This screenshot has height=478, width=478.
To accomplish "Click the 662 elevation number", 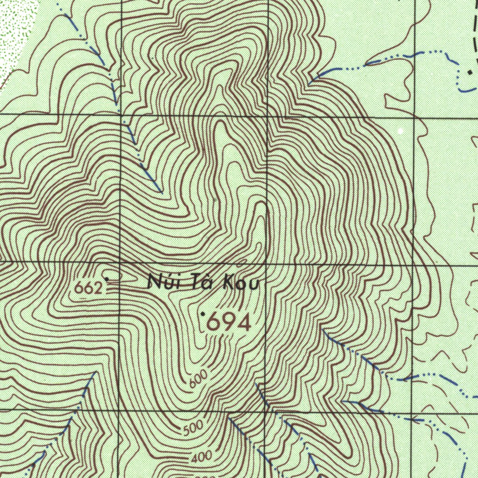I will [x=88, y=288].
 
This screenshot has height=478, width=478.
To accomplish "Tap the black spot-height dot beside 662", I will [x=107, y=279].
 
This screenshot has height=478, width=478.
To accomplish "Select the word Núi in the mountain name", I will [x=161, y=281].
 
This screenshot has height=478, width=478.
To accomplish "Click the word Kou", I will [x=241, y=283].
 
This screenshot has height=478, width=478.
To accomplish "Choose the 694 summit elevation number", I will [x=229, y=322].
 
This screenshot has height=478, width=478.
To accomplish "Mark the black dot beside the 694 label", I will [x=203, y=315].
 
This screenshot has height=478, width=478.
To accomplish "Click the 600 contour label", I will [x=199, y=380].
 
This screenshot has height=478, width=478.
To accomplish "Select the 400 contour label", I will [x=202, y=457].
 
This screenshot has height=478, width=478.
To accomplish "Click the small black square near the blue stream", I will [x=470, y=72].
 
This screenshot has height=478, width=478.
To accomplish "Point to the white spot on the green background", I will [x=400, y=131].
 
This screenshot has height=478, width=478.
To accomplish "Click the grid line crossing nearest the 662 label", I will [x=120, y=262].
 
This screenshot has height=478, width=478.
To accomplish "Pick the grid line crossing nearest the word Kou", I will [x=267, y=264].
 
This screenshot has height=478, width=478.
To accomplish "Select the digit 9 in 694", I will [x=229, y=322].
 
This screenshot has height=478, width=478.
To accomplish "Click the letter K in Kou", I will [x=229, y=283].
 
